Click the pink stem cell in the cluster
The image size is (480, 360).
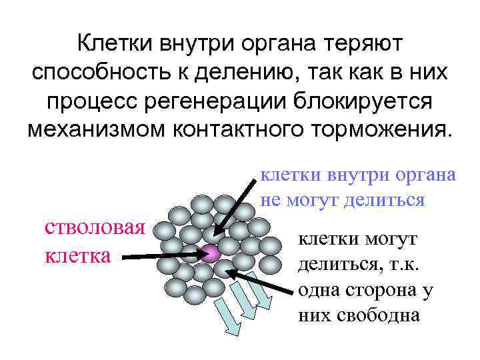coord(211,254)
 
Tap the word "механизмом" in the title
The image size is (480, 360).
coord(103,129)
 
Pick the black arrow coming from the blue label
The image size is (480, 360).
coord(234,203)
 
